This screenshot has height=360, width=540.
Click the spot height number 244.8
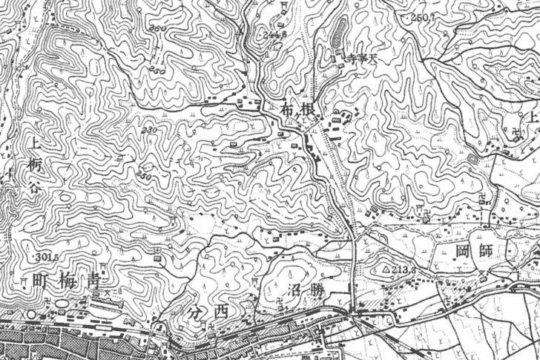273,33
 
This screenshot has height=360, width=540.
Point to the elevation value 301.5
45,256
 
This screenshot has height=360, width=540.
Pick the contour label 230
151,130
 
